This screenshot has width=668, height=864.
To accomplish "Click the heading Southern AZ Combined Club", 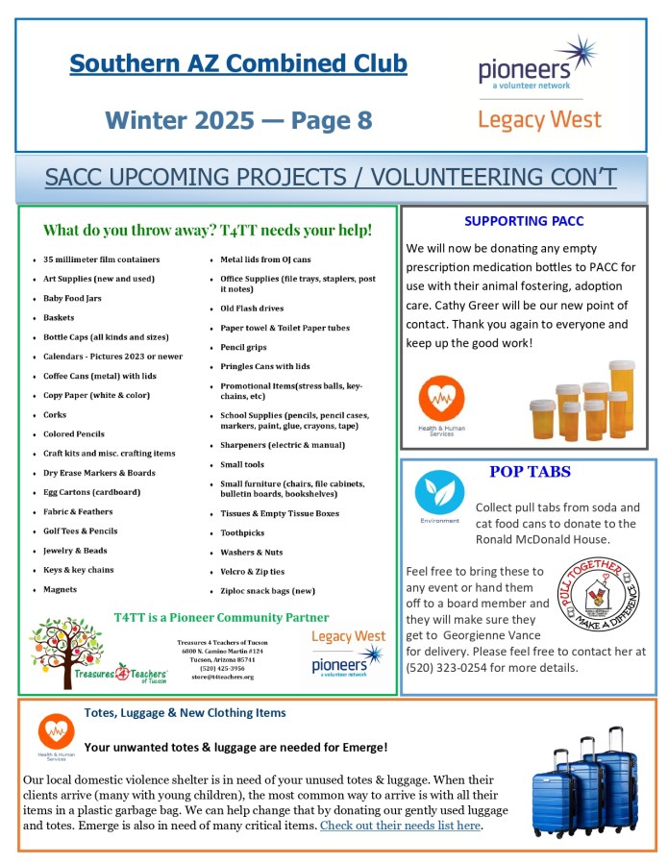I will tap(238, 64).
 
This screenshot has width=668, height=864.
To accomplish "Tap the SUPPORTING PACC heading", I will tap(524, 221).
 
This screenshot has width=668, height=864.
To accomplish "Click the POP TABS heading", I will tap(530, 472).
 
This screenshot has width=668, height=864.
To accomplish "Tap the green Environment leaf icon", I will tap(439, 492).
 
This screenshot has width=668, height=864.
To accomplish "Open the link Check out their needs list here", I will tap(400, 826).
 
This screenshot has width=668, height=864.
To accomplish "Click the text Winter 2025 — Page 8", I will tap(238, 120).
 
